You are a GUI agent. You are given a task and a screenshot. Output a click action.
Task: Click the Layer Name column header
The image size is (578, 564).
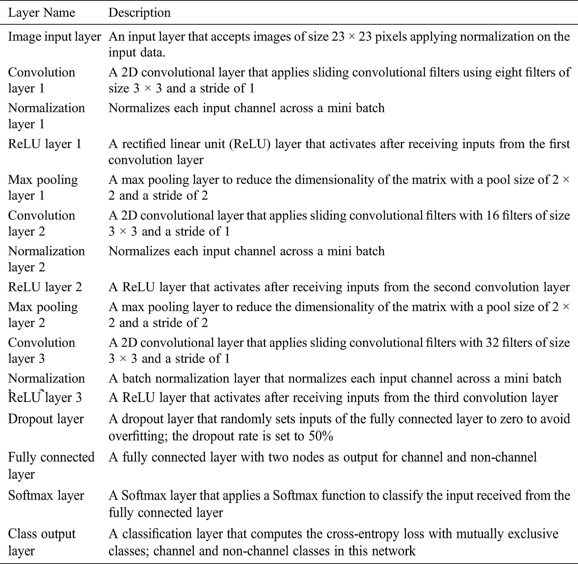tap(41, 13)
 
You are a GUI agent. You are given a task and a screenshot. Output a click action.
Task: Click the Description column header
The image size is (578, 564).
tap(139, 13)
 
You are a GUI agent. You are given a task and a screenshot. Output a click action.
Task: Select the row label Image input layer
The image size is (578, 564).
tap(54, 37)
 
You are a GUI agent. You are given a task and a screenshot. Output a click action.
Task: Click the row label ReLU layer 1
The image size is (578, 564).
tap(44, 144)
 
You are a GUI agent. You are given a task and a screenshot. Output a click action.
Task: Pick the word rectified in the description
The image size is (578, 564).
tap(144, 144)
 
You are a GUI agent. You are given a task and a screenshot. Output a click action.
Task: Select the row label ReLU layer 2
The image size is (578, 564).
tap(45, 287)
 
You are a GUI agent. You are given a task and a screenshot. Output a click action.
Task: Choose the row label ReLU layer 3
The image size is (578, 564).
tap(45, 397)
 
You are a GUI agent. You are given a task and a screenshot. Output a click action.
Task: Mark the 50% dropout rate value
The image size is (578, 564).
tap(321, 436)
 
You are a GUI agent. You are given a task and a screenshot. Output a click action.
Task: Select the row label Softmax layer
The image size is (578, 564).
tap(46, 496)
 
